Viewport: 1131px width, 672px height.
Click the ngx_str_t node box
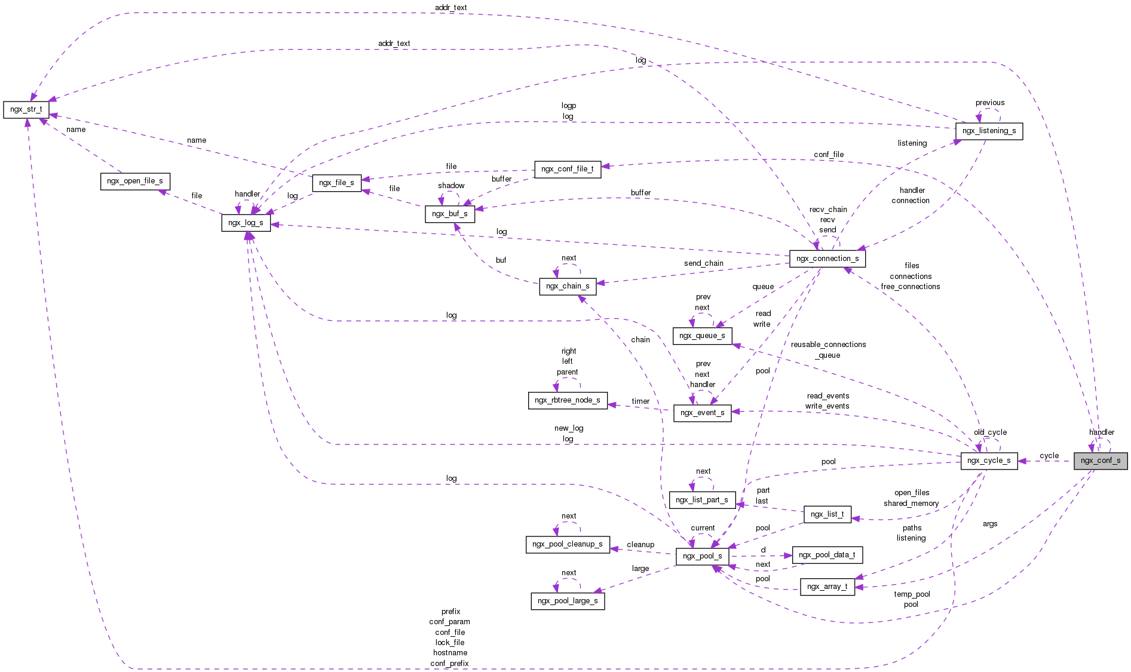click(26, 110)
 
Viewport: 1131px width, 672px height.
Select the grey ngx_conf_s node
click(1100, 461)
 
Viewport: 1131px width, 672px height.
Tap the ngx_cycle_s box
click(989, 461)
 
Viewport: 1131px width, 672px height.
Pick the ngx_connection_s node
click(827, 259)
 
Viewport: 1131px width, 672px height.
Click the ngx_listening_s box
click(989, 131)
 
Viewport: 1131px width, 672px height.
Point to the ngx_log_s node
click(246, 223)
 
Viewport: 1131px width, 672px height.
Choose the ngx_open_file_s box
click(135, 181)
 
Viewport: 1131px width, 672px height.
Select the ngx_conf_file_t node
click(567, 169)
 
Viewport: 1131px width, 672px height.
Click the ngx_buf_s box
click(450, 214)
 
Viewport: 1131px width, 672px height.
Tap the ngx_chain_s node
click(568, 286)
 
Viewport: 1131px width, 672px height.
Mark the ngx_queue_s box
click(702, 336)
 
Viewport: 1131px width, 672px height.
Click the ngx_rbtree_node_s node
click(567, 400)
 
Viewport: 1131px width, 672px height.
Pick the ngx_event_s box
click(702, 413)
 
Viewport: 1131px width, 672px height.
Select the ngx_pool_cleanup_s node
click(567, 544)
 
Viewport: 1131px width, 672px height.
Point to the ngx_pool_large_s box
click(568, 601)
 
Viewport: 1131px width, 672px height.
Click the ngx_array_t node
click(827, 587)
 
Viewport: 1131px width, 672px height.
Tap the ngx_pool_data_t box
click(827, 555)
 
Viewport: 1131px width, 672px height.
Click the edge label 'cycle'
click(1049, 456)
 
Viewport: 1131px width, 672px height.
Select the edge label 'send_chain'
click(703, 263)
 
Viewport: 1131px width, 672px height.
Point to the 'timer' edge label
click(640, 401)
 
